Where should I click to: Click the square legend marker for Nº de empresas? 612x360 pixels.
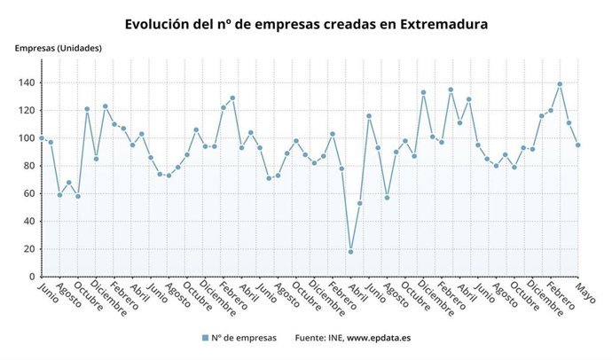pos(205,338)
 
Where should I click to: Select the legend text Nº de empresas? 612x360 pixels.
pos(245,338)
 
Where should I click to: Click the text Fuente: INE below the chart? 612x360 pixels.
pos(318,338)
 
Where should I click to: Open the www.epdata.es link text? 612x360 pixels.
pos(379,338)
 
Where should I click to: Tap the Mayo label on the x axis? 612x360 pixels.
pos(585,293)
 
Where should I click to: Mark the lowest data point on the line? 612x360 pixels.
pos(350,252)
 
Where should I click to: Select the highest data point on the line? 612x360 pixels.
pos(560,84)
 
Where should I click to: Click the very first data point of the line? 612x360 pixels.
pos(42,138)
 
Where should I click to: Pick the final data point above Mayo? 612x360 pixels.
pos(578,145)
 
